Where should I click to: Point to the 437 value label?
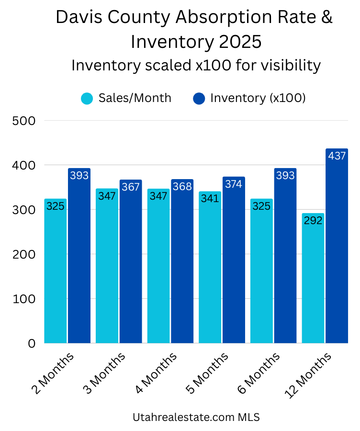pyautogui.click(x=337, y=156)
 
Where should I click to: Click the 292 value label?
pyautogui.click(x=313, y=221)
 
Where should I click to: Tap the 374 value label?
pyautogui.click(x=234, y=184)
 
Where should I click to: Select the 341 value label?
pyautogui.click(x=210, y=198)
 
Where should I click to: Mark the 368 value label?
pyautogui.click(x=182, y=186)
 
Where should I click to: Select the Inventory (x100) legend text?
pyautogui.click(x=258, y=98)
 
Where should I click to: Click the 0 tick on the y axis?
pyautogui.click(x=32, y=343)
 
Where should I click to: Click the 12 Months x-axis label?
pyautogui.click(x=309, y=376)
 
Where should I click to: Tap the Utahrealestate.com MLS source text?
pyautogui.click(x=196, y=417)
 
